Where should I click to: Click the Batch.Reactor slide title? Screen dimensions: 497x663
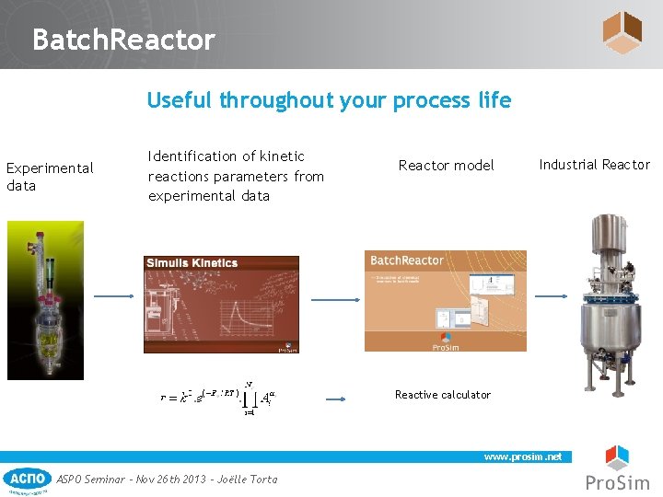(122, 40)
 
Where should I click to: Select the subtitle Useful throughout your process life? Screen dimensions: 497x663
(329, 100)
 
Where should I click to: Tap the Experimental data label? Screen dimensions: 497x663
(49, 177)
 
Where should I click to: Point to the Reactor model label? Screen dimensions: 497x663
(446, 166)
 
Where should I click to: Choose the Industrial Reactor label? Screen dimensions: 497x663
(594, 165)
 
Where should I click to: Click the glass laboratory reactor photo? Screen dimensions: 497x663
(45, 300)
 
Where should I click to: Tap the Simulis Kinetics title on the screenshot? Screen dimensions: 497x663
(192, 263)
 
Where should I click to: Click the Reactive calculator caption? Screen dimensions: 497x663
(443, 395)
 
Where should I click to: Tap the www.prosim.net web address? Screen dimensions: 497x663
(523, 457)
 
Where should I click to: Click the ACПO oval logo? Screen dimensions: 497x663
(28, 479)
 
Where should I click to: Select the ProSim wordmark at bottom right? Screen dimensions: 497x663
(617, 483)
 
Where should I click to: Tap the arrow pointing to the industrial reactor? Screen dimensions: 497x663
(552, 296)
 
